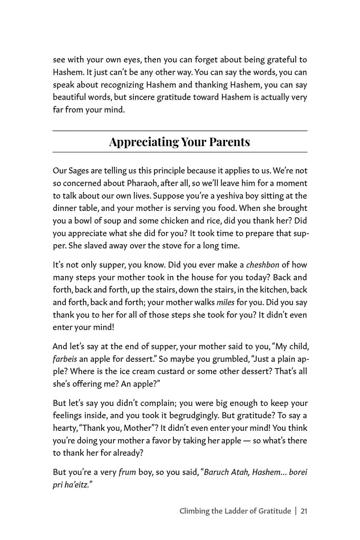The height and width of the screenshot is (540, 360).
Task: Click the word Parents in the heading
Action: pyautogui.click(x=228, y=142)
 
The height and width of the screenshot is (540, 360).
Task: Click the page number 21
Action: pyautogui.click(x=304, y=510)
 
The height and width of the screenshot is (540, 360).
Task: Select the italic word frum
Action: pyautogui.click(x=127, y=472)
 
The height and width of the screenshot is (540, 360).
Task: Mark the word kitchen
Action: pyautogui.click(x=269, y=290)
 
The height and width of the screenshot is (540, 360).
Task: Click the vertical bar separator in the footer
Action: pyautogui.click(x=296, y=510)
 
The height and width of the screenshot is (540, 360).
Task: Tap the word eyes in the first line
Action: pyautogui.click(x=140, y=60)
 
